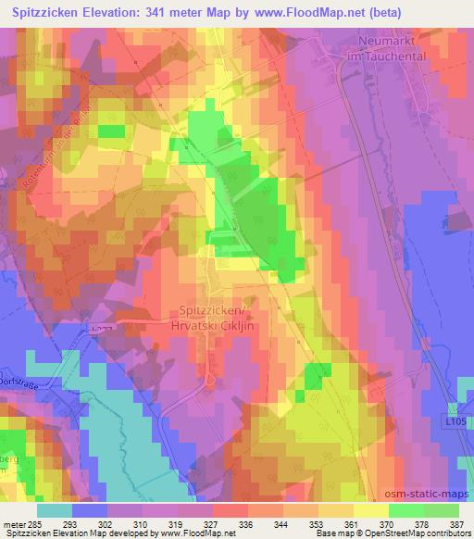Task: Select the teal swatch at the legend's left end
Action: (x=54, y=509)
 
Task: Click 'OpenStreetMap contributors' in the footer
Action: (x=422, y=533)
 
